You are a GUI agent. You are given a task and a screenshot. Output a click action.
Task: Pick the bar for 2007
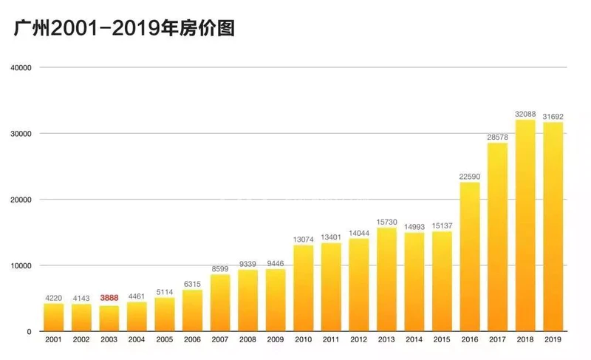pos(220,303)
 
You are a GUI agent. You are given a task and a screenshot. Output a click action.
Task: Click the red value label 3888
pos(109,298)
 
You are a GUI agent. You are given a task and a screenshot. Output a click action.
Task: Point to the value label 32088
pos(525,114)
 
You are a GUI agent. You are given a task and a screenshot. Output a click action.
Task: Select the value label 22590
pos(470,176)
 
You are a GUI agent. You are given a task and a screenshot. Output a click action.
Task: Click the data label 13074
pos(304,239)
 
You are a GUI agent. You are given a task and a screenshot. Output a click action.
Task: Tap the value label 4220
pos(54,298)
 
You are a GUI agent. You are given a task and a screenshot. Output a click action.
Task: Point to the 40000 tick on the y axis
pos(20,68)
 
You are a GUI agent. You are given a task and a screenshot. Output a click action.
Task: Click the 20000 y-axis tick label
pos(20,200)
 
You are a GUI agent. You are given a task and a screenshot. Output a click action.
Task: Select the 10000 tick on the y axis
pos(20,265)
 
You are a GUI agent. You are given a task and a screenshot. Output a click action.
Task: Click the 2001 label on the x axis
pos(54,340)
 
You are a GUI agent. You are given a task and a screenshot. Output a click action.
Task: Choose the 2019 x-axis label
pos(553,340)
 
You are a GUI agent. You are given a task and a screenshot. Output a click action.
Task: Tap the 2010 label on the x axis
pos(304,340)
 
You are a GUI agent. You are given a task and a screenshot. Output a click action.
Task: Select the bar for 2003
pos(109,319)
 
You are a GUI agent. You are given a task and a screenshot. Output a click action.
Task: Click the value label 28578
pos(498,137)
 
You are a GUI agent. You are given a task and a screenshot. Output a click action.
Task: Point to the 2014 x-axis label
pos(414,340)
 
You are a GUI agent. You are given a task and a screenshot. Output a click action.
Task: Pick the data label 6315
pos(193,283)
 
